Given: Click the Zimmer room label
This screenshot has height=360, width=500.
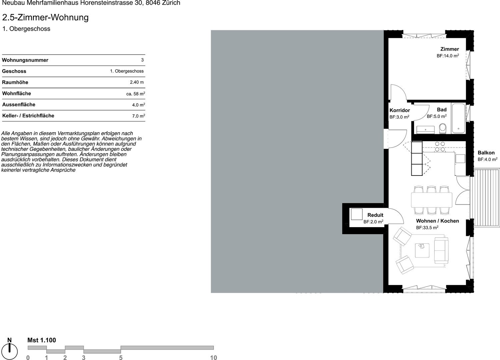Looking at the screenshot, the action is click(x=450, y=49).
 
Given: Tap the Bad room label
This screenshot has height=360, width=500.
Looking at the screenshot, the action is click(x=442, y=110).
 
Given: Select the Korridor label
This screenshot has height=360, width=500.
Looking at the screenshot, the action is click(x=400, y=110).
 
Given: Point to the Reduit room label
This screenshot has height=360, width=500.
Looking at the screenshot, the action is click(x=375, y=215).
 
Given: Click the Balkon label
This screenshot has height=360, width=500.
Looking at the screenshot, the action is click(x=486, y=153).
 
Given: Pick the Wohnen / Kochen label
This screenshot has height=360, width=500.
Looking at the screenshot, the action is click(x=437, y=221).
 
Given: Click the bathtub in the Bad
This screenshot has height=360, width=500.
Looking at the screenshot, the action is click(x=458, y=118).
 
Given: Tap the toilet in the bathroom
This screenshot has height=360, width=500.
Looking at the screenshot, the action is click(x=442, y=129).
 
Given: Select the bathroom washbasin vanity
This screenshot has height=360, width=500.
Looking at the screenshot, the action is click(x=425, y=130).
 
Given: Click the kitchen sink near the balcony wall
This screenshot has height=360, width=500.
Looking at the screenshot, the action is click(x=460, y=159).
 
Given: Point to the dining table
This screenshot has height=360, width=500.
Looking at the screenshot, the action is click(x=431, y=200).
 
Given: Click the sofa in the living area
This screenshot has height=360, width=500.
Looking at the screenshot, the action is click(x=441, y=250).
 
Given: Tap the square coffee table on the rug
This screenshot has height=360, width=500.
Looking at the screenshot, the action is click(x=422, y=250).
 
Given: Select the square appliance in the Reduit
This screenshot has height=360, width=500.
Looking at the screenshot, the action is click(x=357, y=214).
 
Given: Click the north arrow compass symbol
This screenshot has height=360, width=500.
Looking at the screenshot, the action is click(x=9, y=351).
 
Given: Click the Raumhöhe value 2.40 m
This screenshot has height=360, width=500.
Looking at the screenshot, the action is click(x=137, y=82).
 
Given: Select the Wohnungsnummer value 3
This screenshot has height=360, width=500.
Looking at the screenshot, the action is click(x=142, y=60).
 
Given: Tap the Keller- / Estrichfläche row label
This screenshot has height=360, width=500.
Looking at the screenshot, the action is click(x=28, y=116).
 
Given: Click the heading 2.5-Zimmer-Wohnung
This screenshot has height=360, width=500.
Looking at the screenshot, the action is click(x=45, y=17).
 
